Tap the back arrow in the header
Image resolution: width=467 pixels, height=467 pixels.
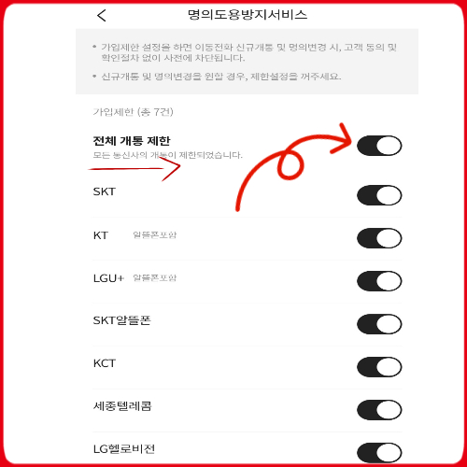click(x=102, y=15)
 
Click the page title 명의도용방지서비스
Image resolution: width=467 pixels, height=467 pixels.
click(x=248, y=15)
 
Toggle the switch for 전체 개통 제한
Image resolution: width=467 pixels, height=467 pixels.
click(x=379, y=145)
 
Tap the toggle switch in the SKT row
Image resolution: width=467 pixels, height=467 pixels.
click(x=379, y=194)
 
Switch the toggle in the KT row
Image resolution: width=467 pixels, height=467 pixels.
click(x=379, y=237)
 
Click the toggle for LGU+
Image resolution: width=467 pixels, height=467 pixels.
click(x=379, y=280)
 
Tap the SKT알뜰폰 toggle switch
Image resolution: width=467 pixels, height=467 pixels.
click(x=379, y=324)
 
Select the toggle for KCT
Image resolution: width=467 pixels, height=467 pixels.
click(x=379, y=367)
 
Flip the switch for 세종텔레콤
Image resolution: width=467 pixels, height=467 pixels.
click(x=379, y=410)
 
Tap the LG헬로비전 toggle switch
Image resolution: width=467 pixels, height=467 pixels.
click(x=379, y=453)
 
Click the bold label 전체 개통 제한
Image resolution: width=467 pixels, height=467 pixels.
click(x=132, y=141)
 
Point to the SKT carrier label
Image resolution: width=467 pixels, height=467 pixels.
click(x=105, y=192)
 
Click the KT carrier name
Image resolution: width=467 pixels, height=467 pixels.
click(x=101, y=235)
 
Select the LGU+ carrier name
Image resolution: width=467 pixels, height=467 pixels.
click(x=108, y=278)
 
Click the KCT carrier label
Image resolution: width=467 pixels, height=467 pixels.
click(x=105, y=364)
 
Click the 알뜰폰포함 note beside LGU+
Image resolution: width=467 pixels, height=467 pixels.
click(x=154, y=278)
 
